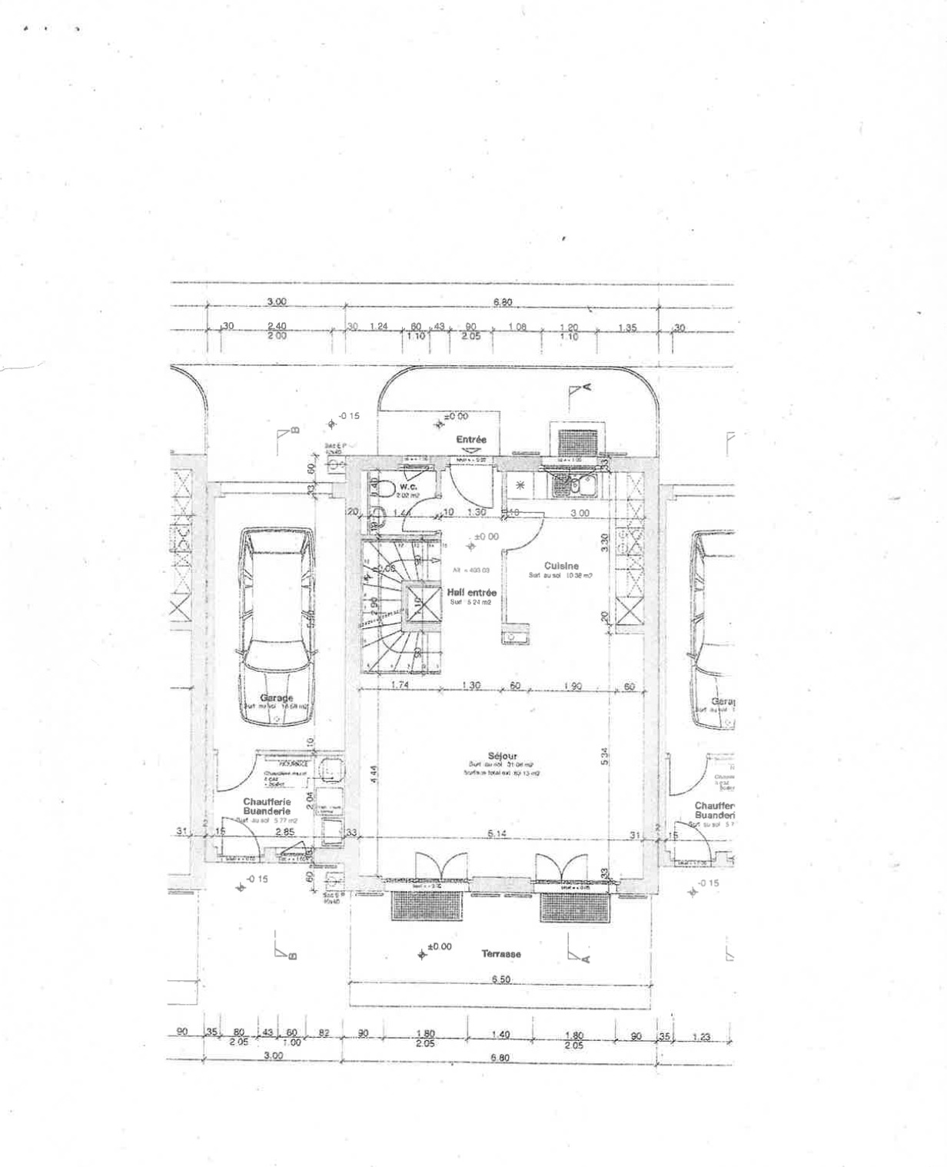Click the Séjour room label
click(x=502, y=756)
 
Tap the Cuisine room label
click(x=561, y=566)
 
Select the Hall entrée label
click(x=471, y=593)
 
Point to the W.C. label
click(x=407, y=487)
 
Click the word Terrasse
click(x=501, y=953)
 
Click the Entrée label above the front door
click(x=471, y=440)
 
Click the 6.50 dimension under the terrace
click(x=501, y=979)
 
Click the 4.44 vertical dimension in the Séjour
click(x=373, y=773)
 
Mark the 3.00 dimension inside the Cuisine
click(x=580, y=513)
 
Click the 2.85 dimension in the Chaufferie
click(x=284, y=832)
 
